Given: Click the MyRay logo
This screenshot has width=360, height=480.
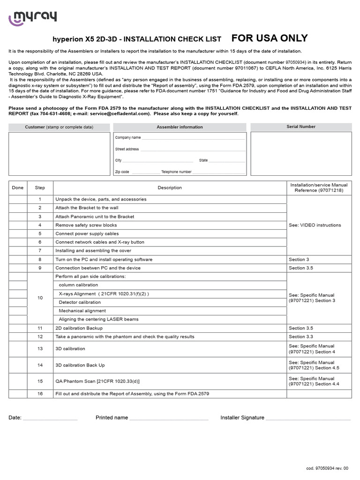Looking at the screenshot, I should [33, 18].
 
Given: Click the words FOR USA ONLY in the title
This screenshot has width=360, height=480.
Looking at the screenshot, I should [270, 38].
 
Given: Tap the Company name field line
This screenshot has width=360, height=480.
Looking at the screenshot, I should [193, 138].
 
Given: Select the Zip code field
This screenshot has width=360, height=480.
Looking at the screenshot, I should [145, 172].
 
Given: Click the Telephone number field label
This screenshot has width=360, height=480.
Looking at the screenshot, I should [176, 172].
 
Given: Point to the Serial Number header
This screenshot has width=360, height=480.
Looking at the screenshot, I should [301, 127].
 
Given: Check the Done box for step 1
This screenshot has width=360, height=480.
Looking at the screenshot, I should [18, 199].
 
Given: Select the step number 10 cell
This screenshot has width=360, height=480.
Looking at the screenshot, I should [40, 298].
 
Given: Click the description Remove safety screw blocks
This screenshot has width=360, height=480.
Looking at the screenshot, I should [86, 225].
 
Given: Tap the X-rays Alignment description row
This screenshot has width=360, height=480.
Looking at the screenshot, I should [104, 293].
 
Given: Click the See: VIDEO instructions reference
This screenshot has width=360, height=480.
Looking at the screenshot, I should [315, 225].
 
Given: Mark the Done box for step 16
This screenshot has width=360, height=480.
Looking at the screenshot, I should [18, 394].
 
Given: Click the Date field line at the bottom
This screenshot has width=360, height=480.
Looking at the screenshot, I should [50, 419].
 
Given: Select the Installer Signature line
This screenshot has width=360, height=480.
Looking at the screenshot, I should [308, 419].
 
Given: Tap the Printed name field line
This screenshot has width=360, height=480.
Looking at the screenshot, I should [169, 419].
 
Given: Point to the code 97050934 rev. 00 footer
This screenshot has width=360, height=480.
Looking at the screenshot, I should [327, 468].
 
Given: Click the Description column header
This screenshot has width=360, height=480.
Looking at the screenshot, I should [170, 188].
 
